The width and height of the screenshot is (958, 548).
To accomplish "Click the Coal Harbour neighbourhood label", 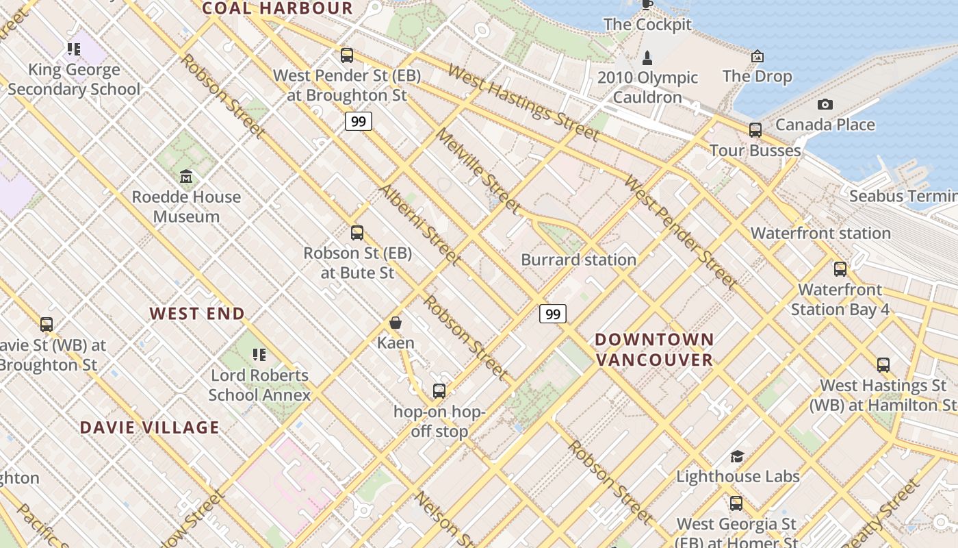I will pos(278,8).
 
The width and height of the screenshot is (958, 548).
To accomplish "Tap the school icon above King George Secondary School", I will pos(74,49).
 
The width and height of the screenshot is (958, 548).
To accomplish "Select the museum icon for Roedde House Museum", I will pos(186,177).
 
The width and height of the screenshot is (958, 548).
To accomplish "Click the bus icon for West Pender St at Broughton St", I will pos(347,55).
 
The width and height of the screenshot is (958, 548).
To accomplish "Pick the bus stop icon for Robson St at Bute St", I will pos(357,233).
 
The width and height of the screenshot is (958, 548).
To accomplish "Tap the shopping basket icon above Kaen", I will pos(396,323).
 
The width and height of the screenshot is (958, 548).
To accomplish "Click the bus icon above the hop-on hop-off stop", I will pos(439,391).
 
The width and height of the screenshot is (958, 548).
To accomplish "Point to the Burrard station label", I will pos(578,260).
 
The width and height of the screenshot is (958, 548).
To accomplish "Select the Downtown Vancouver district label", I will pos(654,349).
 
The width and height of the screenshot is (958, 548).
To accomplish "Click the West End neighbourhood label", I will pos(197,314).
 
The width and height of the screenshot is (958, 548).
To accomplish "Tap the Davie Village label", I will pos(150,427).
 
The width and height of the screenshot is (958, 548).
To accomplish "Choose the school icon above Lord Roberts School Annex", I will pos(259,355).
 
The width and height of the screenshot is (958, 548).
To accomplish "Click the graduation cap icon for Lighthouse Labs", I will pos(737,456).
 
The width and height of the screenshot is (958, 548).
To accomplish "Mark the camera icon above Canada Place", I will pos(825,104).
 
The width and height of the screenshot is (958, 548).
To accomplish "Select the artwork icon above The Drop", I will pos(758,56).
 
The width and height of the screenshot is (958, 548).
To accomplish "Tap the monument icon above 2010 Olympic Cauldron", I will pos(647,58).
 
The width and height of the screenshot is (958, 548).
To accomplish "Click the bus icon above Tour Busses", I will pos(755,130).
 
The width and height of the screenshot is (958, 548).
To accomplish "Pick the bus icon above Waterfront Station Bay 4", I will pos(840,269).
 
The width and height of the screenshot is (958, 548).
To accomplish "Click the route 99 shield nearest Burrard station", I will pos(553,314).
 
